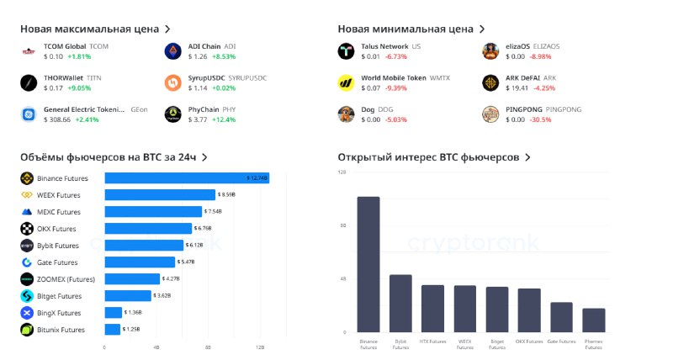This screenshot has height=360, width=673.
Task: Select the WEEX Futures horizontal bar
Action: pos(160,195)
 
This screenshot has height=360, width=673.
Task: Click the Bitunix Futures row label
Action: pos(61,330)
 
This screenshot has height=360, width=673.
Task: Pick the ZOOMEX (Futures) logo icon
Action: pos(27,279)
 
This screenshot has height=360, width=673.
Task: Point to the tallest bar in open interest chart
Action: pos(368,264)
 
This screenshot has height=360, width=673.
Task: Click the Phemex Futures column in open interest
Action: pos(594,320)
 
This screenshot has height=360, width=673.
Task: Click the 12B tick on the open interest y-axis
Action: pos(342,172)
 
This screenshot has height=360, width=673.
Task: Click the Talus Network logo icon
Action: pos(345,51)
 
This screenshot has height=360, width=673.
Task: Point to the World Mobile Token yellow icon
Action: pos(345,82)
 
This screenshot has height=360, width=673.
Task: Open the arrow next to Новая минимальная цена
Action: pos(483,29)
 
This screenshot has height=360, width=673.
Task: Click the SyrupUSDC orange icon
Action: pos(172,82)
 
